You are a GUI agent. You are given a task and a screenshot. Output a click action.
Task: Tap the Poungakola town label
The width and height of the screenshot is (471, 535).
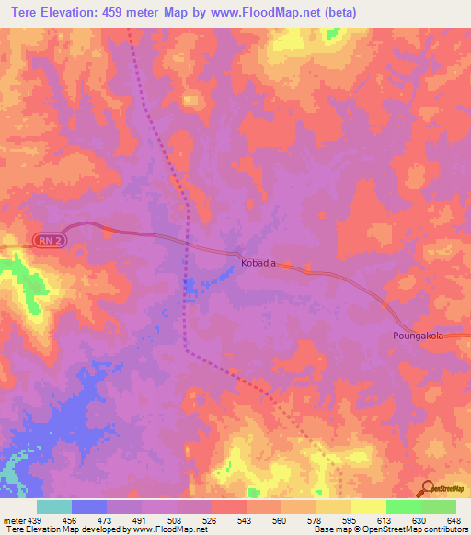(x=418, y=336)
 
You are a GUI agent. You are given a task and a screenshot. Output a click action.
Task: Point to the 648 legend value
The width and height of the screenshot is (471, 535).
(x=454, y=519)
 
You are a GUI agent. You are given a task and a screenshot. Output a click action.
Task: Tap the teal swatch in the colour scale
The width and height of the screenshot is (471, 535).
(x=54, y=507)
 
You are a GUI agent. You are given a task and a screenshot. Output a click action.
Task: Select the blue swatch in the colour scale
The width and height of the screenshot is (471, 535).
(x=89, y=507)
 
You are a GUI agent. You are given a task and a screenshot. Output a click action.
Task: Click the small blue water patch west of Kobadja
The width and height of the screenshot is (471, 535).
(x=190, y=289)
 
